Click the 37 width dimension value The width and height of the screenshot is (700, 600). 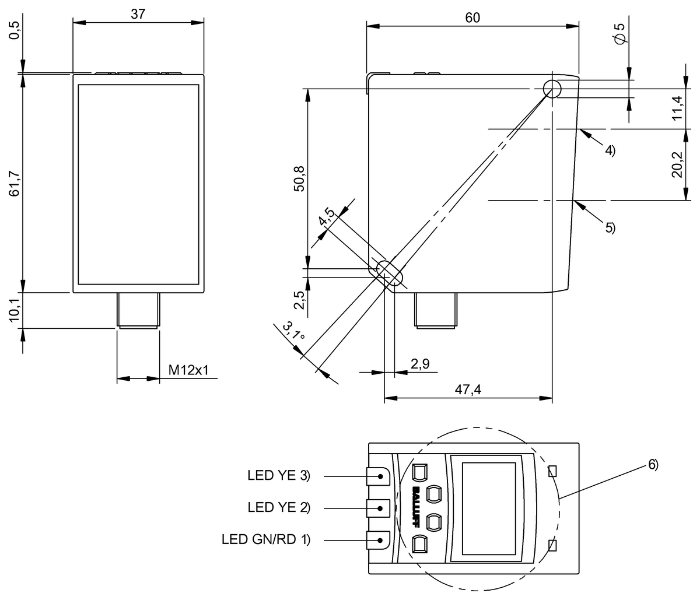click(138, 15)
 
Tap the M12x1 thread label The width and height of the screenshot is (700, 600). click(188, 370)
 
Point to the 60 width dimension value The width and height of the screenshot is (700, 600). click(473, 17)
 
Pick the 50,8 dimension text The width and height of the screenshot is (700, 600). click(300, 177)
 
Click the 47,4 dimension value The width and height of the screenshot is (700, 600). click(468, 390)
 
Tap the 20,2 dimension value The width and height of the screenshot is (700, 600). click(677, 164)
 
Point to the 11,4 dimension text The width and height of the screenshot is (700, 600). click(677, 107)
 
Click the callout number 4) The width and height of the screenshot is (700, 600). click(610, 150)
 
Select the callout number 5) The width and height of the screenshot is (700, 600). click(610, 227)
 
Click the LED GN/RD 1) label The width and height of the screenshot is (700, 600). click(265, 539)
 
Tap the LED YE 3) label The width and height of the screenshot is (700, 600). click(279, 476)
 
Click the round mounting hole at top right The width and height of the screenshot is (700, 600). click(552, 89)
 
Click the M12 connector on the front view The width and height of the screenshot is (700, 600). click(138, 310)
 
